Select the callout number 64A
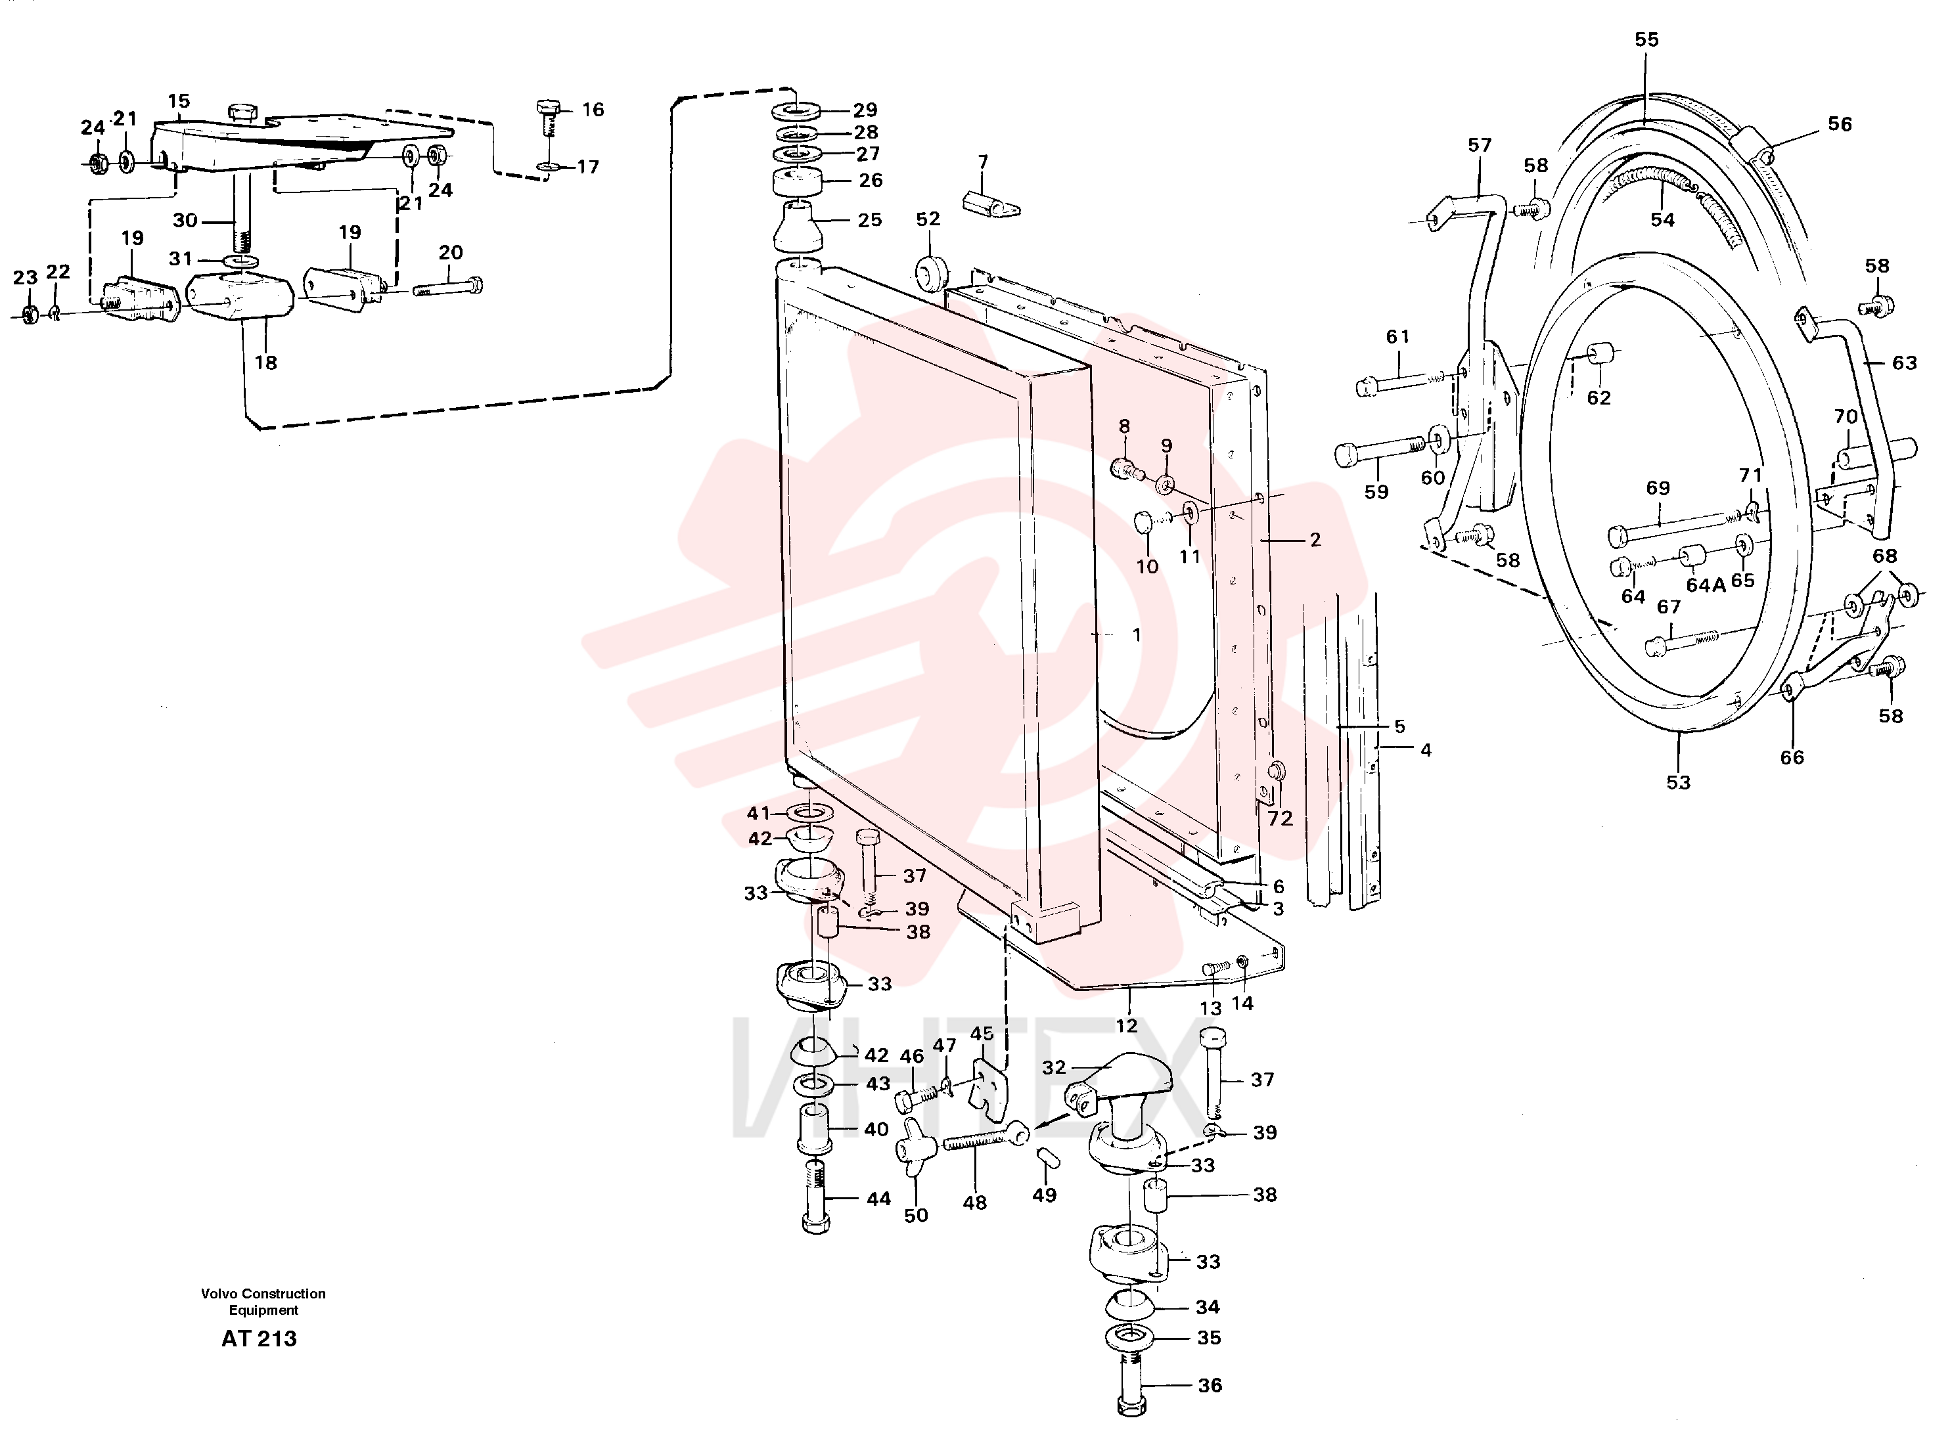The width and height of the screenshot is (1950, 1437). (x=1706, y=585)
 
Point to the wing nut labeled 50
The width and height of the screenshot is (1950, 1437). (x=915, y=1147)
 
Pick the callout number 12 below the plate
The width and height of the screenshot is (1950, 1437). (x=1126, y=1026)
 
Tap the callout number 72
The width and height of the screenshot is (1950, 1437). (x=1280, y=818)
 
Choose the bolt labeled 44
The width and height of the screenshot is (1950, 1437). (x=815, y=1196)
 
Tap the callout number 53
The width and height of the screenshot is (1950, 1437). (x=1677, y=783)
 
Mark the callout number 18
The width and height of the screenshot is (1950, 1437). (x=265, y=363)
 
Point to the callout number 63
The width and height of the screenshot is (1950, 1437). (x=1904, y=363)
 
